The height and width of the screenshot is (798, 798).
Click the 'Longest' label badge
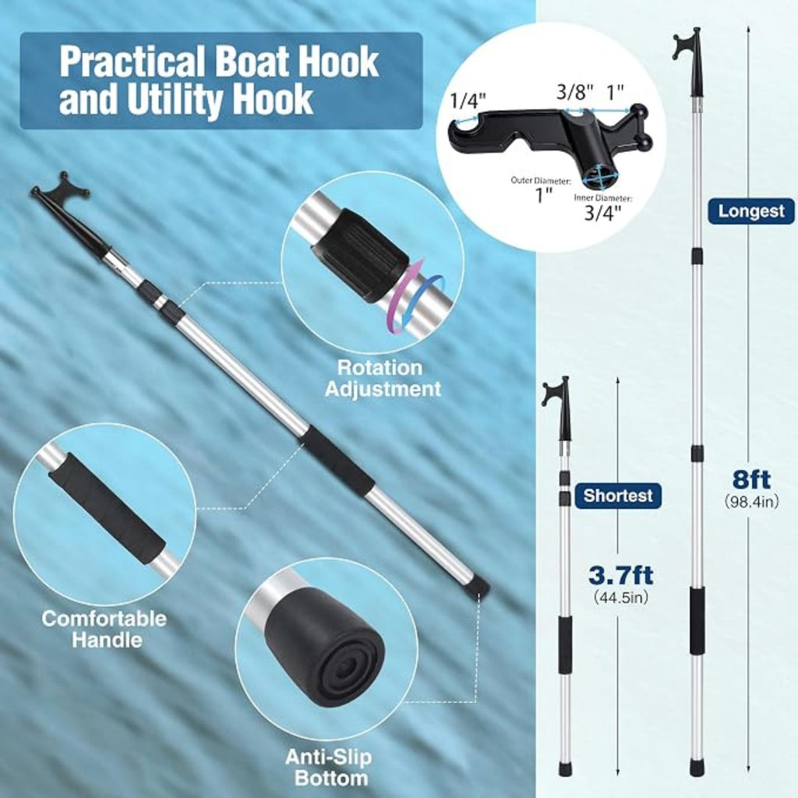[x=750, y=211]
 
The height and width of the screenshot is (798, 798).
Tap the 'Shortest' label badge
[x=618, y=495]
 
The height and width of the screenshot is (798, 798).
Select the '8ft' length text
[x=751, y=479]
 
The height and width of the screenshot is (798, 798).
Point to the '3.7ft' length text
[x=621, y=576]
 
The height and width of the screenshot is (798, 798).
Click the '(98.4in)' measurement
[x=751, y=501]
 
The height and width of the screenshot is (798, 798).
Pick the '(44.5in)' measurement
[x=621, y=597]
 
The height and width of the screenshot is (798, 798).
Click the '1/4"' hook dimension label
[x=468, y=101]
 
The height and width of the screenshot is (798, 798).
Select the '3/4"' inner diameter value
[x=602, y=213]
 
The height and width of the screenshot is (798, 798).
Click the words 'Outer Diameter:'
[x=541, y=180]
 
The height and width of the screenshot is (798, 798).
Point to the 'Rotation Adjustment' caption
[x=382, y=378]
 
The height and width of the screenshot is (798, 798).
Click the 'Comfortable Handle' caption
[x=104, y=629]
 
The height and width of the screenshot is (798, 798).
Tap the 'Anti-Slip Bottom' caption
[x=330, y=768]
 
